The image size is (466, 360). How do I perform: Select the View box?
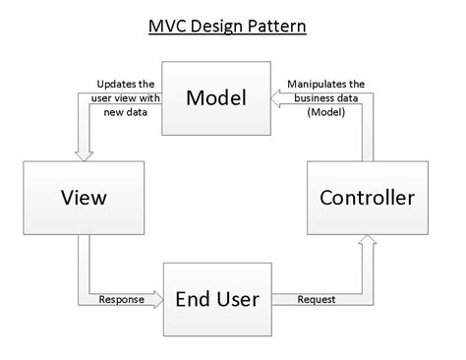[82, 198]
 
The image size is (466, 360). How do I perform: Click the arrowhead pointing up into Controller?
[368, 240]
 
